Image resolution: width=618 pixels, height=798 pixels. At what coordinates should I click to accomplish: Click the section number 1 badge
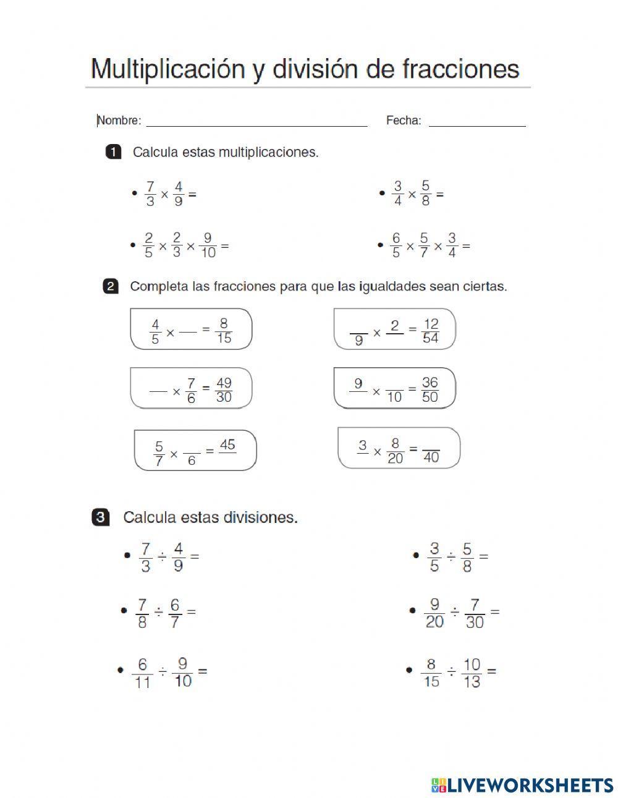point(114,152)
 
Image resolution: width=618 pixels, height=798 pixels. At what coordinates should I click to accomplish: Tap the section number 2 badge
point(111,287)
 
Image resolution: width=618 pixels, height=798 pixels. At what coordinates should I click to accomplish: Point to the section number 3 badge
point(101,517)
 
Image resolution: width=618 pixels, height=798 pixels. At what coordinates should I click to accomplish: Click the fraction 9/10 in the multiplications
point(208,245)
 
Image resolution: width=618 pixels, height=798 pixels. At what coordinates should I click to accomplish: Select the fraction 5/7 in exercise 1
point(423,245)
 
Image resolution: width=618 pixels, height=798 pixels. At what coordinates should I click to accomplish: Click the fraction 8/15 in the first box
point(224,331)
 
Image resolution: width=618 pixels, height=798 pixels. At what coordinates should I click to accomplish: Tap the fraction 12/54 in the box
point(430,331)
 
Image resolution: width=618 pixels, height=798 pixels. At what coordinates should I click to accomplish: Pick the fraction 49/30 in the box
point(224,390)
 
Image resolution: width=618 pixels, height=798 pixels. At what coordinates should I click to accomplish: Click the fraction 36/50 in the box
point(430,390)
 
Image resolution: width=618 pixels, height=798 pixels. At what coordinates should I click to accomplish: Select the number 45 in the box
point(227,445)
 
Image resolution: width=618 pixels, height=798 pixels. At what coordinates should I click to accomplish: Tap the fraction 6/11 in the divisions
point(142,673)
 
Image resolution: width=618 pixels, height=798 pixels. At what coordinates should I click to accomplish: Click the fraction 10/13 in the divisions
point(472,673)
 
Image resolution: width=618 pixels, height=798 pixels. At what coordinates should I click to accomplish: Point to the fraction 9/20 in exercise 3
point(434,613)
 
